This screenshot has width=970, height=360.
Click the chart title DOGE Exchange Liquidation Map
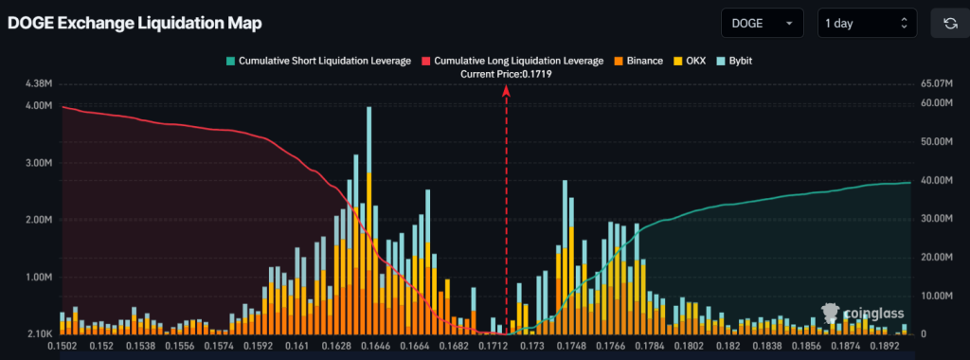135,24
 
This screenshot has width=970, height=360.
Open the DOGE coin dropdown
763,24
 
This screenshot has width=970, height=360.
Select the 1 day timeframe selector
866,24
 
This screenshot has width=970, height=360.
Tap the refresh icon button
949,24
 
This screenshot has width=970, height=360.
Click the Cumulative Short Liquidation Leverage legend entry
318,61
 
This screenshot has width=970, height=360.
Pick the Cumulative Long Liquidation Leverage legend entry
512,61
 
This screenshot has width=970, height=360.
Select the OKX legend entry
690,61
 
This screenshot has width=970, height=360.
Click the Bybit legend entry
734,61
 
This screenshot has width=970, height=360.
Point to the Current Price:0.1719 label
506,74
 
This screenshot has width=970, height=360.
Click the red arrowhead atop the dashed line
506,90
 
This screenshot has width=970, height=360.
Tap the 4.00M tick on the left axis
39,105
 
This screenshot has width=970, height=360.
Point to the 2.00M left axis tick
39,220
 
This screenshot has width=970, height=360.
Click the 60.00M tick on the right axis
937,102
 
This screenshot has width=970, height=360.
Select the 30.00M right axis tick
937,218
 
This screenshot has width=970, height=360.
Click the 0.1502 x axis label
62,347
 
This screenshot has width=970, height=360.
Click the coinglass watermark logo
862,313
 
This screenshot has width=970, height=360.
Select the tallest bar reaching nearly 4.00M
369,220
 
